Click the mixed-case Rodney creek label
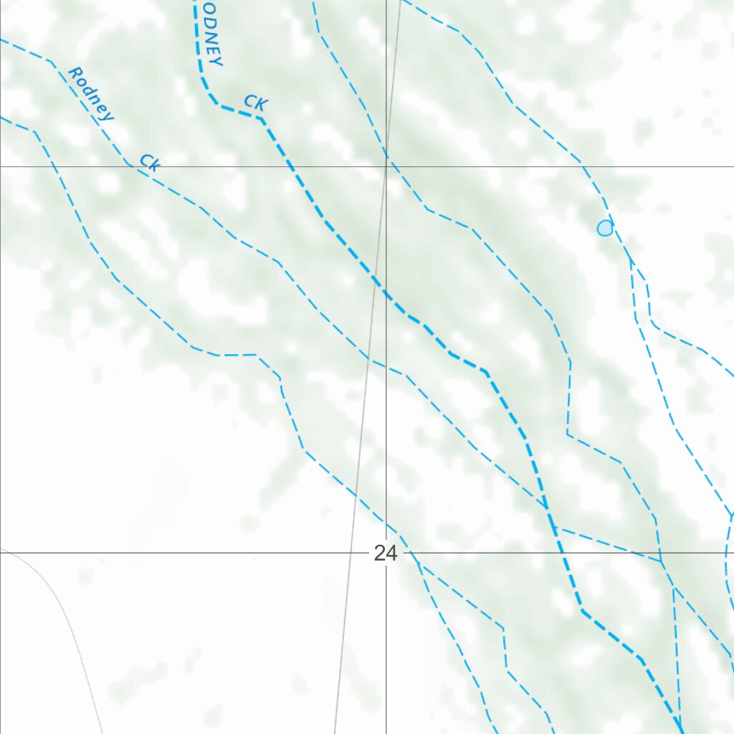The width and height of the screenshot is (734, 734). point(90,94)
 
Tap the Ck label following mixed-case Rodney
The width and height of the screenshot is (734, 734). point(149,162)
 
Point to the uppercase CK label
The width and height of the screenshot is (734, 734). point(256,103)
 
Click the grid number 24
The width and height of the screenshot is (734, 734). point(385,553)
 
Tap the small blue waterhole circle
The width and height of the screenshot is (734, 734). point(605,228)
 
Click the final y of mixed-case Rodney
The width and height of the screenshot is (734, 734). point(106,115)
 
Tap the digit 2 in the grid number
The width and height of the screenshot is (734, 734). point(379,553)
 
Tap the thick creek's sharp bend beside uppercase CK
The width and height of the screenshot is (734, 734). point(262,118)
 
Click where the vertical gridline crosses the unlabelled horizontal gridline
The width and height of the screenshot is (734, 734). point(386,166)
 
